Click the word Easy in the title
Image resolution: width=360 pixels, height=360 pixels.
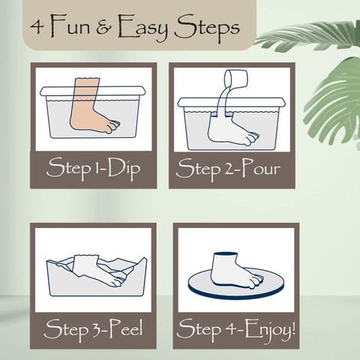click(x=142, y=28)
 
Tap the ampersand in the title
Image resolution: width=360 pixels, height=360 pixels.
click(x=104, y=28)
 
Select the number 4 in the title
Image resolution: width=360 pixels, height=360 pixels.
click(x=37, y=27)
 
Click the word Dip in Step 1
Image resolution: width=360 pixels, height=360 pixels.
click(x=124, y=168)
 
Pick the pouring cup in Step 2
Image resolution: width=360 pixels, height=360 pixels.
click(x=236, y=79)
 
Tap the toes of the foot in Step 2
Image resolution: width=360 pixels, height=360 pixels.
click(x=251, y=138)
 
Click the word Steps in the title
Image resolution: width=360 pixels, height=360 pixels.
click(x=207, y=28)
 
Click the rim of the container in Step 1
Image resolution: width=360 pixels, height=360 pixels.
click(x=93, y=91)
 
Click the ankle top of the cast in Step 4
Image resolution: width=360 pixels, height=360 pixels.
click(x=225, y=254)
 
